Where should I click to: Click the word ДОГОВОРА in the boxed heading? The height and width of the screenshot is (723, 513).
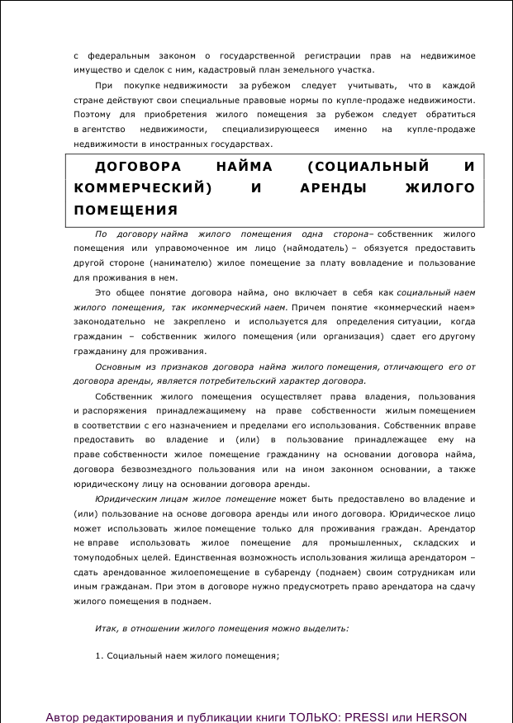(135, 167)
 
